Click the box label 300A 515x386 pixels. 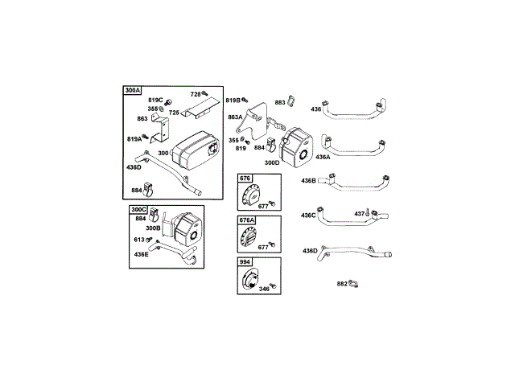click(132, 90)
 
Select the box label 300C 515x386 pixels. click(138, 210)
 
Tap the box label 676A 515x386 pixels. click(246, 220)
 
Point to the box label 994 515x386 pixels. click(245, 262)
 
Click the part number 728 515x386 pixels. click(196, 94)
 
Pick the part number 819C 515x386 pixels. click(154, 100)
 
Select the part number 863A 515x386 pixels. click(235, 117)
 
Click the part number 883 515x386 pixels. click(280, 102)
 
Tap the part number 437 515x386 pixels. click(360, 213)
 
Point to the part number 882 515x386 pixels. click(342, 283)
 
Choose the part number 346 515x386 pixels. click(264, 289)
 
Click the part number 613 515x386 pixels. click(139, 240)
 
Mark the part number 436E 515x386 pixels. click(142, 254)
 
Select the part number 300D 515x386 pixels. click(271, 162)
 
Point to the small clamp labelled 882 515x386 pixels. click(354, 283)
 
